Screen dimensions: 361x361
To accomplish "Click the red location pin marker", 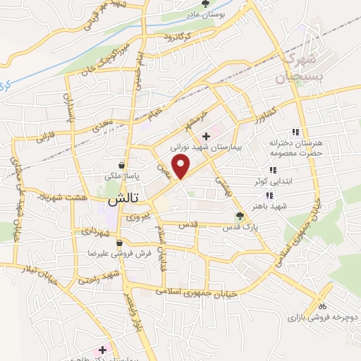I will (x=182, y=167).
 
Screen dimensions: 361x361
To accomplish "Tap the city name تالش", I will (x=121, y=200).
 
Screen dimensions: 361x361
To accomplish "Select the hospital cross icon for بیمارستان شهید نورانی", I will (x=206, y=136).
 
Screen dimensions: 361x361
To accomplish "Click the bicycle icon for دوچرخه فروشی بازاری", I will (x=322, y=306).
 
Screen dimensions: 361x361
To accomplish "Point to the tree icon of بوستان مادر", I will (x=205, y=4).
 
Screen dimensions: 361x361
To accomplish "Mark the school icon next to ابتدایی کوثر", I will (x=273, y=170).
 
